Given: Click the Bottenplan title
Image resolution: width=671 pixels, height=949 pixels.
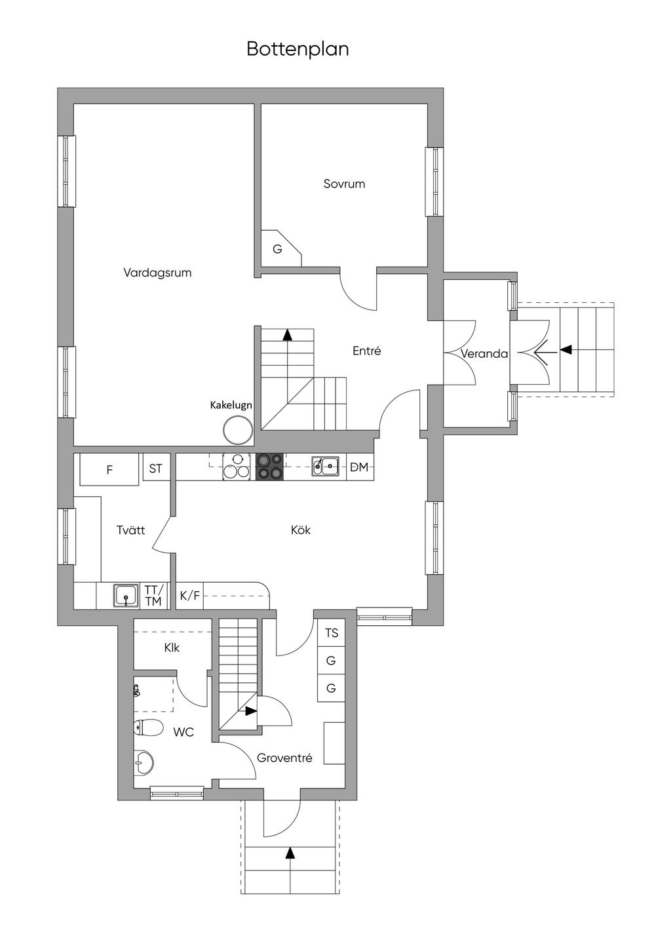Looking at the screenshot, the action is tap(297, 49).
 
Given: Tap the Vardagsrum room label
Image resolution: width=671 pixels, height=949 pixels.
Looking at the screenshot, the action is tap(157, 273).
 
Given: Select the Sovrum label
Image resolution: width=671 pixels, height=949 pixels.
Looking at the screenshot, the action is tap(344, 184).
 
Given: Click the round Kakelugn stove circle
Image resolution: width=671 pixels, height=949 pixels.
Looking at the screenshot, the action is tap(238, 430).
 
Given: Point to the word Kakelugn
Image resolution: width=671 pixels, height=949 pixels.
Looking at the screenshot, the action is tap(231, 405).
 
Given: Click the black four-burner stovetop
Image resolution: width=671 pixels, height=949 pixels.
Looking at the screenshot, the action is tap(269, 467).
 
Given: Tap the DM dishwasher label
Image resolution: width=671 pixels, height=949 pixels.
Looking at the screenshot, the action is tap(359, 467).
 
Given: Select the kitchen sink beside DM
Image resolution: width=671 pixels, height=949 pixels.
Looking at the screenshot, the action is tap(326, 466).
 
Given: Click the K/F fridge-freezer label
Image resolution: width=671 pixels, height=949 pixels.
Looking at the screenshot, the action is tap(189, 596).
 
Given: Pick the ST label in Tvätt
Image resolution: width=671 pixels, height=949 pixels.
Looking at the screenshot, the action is tap(155, 468).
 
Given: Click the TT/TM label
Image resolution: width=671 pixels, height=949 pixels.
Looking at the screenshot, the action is tap(153, 595).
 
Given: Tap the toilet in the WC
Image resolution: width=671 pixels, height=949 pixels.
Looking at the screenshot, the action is tap(148, 728).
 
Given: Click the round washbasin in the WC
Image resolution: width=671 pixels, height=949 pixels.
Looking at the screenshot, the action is tap(144, 763).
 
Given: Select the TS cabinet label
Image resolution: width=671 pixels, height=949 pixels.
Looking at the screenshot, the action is tap(332, 633).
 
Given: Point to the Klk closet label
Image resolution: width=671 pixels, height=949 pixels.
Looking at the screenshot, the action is tap(172, 648).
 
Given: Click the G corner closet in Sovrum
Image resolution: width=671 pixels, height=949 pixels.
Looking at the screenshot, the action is tap(277, 249).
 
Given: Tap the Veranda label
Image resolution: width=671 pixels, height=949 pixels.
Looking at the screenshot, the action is tap(484, 354).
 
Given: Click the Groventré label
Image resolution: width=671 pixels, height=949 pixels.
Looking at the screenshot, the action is tap(284, 758).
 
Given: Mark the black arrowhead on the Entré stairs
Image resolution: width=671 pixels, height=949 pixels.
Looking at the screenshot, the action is tap(288, 335).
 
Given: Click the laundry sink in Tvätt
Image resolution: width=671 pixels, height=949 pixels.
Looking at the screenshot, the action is tap(126, 596).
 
